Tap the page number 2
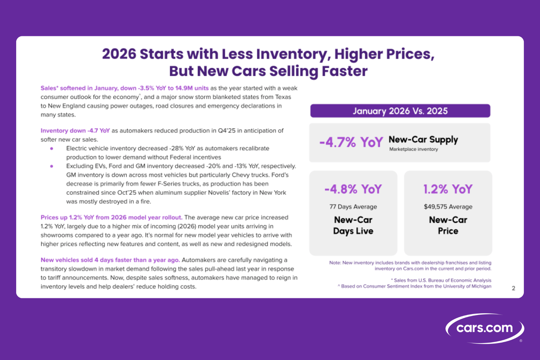click(x=513, y=288)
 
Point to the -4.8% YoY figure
click(x=353, y=189)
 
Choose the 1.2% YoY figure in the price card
click(x=448, y=189)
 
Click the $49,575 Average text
click(x=448, y=207)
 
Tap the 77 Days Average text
click(x=353, y=207)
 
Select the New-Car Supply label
click(x=423, y=139)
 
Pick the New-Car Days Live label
click(x=353, y=225)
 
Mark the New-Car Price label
click(x=448, y=225)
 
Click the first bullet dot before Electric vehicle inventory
click(x=52, y=148)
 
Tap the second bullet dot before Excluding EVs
click(x=52, y=166)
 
